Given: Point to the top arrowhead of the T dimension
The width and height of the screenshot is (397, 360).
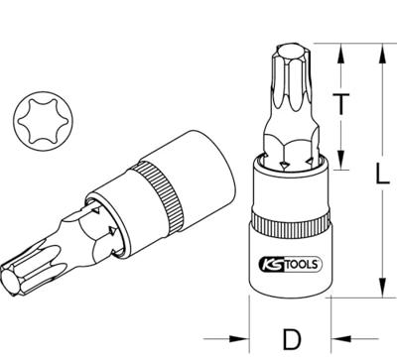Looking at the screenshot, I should (x=340, y=47).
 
